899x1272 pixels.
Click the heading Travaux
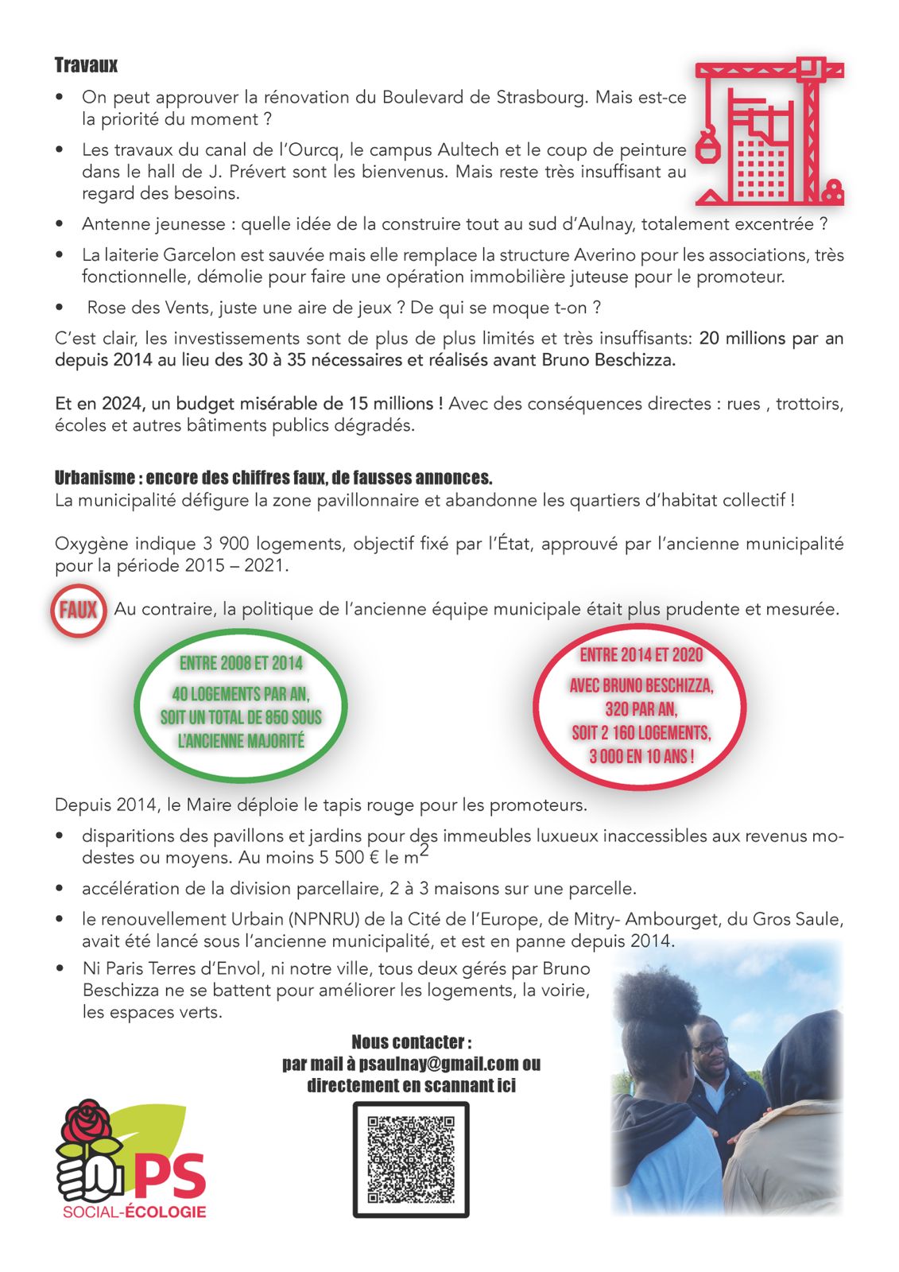[x=86, y=65]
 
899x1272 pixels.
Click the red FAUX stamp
[x=78, y=611]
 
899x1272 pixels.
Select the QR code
[x=411, y=1159]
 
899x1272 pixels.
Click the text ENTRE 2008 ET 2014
[x=241, y=663]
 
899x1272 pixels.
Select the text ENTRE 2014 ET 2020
[x=641, y=655]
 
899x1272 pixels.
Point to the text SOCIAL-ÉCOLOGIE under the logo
[x=134, y=1212]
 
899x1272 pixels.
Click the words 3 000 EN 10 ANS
[x=641, y=756]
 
